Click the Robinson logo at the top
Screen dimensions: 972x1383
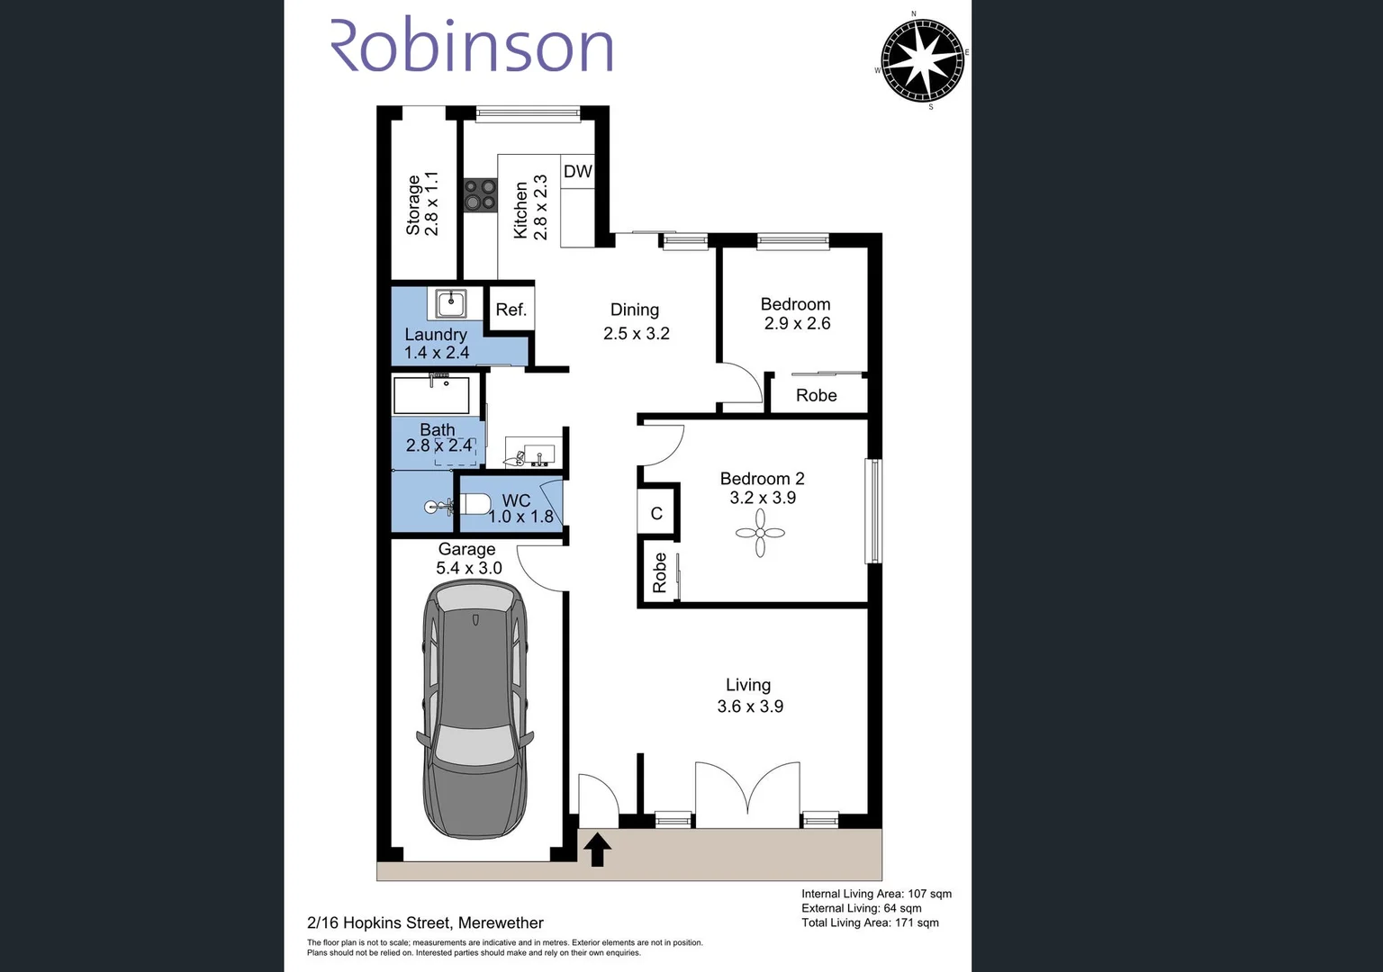tap(472, 46)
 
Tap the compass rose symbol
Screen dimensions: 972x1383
tap(922, 60)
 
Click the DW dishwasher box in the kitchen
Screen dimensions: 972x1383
tap(577, 171)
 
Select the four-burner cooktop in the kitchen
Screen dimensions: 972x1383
tap(480, 195)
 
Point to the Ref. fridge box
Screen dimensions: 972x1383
tap(511, 310)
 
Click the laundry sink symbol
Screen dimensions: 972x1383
tap(447, 303)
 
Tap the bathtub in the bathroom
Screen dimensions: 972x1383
tap(431, 395)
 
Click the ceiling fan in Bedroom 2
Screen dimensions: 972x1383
tap(760, 534)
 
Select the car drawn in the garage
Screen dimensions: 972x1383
tap(474, 708)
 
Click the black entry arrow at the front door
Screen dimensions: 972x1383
tap(597, 849)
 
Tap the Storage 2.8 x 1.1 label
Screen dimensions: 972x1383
tap(422, 204)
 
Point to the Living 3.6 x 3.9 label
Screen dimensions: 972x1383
tap(749, 696)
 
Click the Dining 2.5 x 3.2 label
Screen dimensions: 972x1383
tap(636, 321)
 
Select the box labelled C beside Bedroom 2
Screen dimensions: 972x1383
tap(656, 513)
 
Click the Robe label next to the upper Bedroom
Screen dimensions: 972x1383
tap(816, 395)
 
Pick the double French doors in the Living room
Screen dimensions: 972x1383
tap(747, 793)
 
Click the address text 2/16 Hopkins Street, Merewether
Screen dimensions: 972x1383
tap(425, 922)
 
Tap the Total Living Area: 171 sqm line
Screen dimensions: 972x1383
tap(870, 922)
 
